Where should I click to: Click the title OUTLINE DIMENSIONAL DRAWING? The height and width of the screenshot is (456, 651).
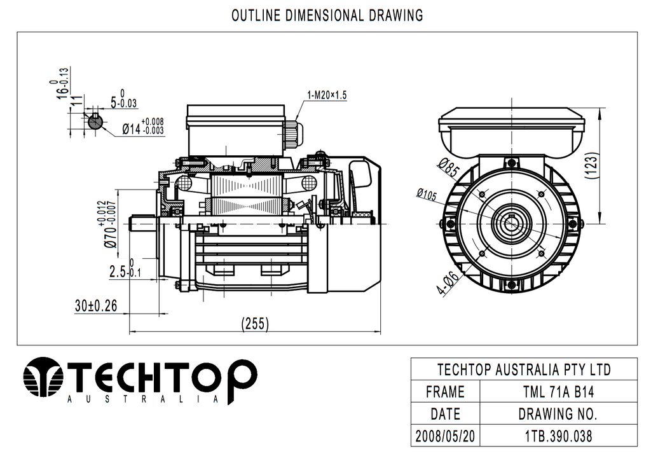point(327,15)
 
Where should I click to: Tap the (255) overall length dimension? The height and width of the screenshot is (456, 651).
point(256,324)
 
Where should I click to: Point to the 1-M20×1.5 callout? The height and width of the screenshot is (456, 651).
point(327,95)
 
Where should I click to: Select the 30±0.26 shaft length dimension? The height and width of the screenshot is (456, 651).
point(96,306)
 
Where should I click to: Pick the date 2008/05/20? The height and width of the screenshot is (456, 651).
point(445,437)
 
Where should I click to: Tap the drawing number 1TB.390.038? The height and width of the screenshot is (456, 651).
point(553,437)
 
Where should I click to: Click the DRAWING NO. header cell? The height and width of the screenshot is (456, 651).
point(553,414)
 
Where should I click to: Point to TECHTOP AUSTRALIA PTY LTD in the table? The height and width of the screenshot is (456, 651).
point(515,369)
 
